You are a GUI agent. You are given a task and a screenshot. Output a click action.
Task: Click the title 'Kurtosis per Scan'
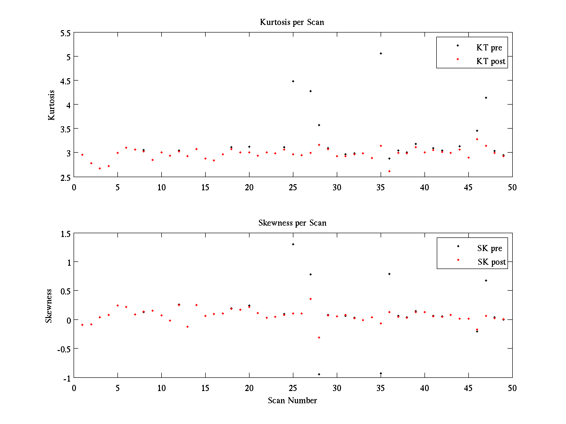coord(292,22)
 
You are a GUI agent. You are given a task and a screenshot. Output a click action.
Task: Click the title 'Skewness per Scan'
coord(292,223)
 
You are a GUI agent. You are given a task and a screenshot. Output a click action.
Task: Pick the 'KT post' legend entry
coord(491,61)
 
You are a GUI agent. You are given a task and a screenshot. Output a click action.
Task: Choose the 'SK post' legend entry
coord(491,262)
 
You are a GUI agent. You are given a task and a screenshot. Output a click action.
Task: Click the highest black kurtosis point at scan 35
coord(381,53)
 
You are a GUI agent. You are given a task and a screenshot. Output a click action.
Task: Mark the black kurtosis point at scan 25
coord(293,81)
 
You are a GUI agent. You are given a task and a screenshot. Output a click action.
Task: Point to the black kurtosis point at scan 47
coord(486,98)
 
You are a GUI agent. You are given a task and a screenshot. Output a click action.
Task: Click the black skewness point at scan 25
coord(293,244)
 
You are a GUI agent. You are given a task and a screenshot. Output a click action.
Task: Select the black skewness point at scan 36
coord(390,274)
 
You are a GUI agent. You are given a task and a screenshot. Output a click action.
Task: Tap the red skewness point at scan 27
coord(310,299)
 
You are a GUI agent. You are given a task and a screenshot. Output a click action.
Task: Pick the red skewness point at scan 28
coord(319,337)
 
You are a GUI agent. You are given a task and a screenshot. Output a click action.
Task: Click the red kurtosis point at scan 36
coord(390,171)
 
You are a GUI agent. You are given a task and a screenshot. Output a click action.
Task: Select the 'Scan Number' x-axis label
coord(292,401)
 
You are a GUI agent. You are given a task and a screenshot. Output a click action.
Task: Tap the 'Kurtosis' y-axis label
coord(52,105)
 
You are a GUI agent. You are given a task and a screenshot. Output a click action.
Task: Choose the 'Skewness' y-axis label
coord(49,305)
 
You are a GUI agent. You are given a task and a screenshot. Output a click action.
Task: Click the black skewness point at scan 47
coord(486,280)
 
